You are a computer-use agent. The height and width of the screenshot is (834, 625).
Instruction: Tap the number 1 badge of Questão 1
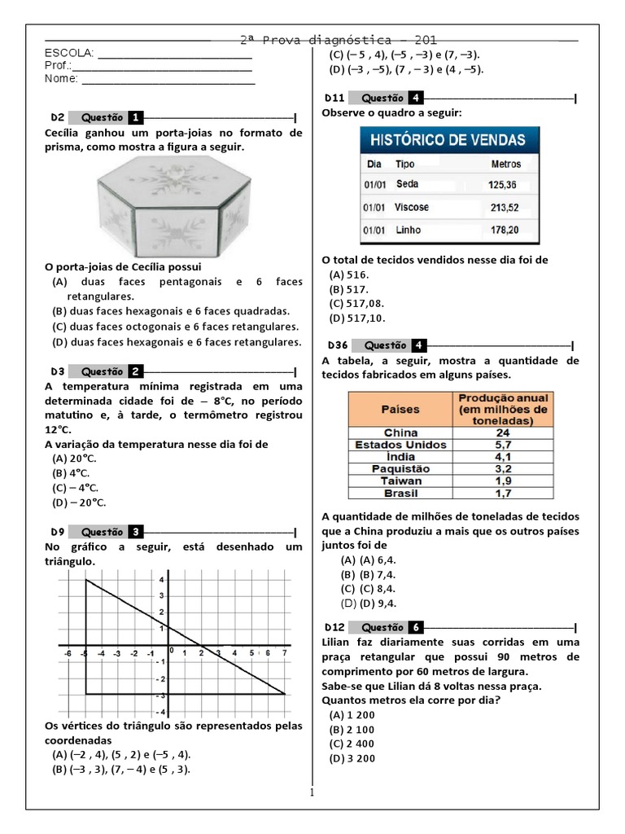click(136, 117)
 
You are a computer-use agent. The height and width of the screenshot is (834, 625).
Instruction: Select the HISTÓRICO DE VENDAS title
click(448, 139)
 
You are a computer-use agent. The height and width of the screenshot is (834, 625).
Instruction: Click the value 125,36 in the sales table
click(502, 184)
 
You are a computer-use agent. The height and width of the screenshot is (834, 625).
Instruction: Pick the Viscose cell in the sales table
click(411, 207)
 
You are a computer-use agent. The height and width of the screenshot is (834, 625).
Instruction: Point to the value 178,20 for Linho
click(503, 230)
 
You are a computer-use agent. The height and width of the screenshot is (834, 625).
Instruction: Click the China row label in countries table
click(400, 432)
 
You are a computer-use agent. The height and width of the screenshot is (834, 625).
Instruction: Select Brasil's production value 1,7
click(502, 493)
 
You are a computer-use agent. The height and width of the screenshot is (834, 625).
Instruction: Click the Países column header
click(400, 409)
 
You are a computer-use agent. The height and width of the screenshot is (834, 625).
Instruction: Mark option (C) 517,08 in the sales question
click(356, 303)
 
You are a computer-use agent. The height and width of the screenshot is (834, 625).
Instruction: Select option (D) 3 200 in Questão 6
click(352, 758)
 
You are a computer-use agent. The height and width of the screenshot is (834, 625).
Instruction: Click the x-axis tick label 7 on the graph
click(284, 653)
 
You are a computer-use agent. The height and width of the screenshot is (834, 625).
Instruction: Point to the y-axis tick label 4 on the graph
click(139, 580)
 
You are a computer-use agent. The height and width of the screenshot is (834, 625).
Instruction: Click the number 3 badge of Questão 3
click(136, 533)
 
